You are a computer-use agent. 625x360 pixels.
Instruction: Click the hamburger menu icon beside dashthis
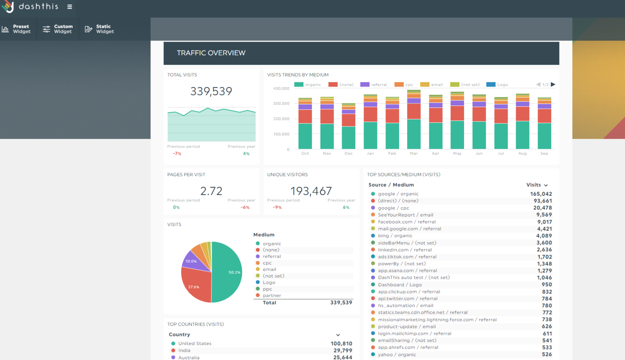tap(70, 7)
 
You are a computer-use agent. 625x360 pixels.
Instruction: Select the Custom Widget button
tap(58, 29)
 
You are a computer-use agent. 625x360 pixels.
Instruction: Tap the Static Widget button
tap(100, 29)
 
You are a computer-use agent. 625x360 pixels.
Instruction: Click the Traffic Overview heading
tap(211, 53)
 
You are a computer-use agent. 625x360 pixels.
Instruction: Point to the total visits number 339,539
tap(211, 91)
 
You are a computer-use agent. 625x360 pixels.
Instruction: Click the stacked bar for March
tap(414, 119)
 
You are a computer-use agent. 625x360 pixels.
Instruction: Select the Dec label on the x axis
tap(348, 153)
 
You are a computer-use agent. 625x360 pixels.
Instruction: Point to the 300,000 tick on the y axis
tap(281, 103)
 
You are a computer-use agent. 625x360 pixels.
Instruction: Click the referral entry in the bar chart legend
tap(374, 84)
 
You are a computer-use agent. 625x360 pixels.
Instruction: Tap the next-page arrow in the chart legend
tap(553, 84)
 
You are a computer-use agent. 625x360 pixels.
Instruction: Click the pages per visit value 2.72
tap(211, 191)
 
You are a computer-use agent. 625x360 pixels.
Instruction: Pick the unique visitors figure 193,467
tap(311, 191)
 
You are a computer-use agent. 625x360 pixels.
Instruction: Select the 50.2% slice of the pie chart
tap(226, 272)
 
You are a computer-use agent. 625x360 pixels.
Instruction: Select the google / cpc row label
tap(394, 208)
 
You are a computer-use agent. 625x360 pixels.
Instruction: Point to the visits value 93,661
tap(543, 201)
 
